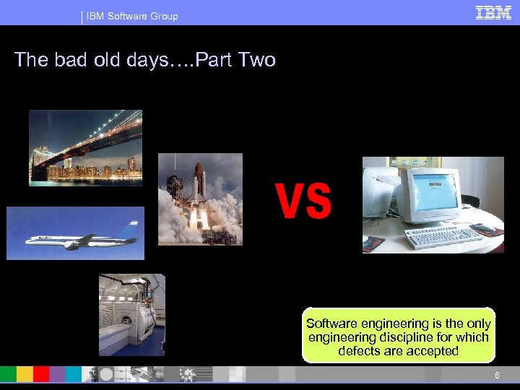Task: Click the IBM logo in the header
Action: click(x=494, y=12)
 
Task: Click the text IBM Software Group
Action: click(x=132, y=16)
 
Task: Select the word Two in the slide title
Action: click(x=255, y=59)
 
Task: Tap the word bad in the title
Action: click(x=73, y=59)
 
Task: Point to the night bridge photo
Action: click(x=86, y=147)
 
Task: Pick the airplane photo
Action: click(x=75, y=233)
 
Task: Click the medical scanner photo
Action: click(x=131, y=314)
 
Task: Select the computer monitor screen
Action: click(x=432, y=192)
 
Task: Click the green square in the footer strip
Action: click(x=8, y=374)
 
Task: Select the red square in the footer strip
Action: click(x=41, y=374)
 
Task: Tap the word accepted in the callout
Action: click(x=432, y=351)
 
